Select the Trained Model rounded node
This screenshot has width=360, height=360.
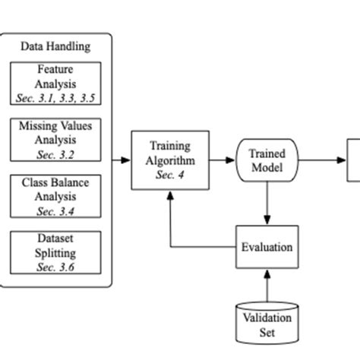[267, 160]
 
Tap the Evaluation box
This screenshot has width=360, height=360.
[267, 247]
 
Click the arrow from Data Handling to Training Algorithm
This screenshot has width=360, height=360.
[122, 160]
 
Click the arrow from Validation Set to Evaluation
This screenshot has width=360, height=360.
[267, 285]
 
